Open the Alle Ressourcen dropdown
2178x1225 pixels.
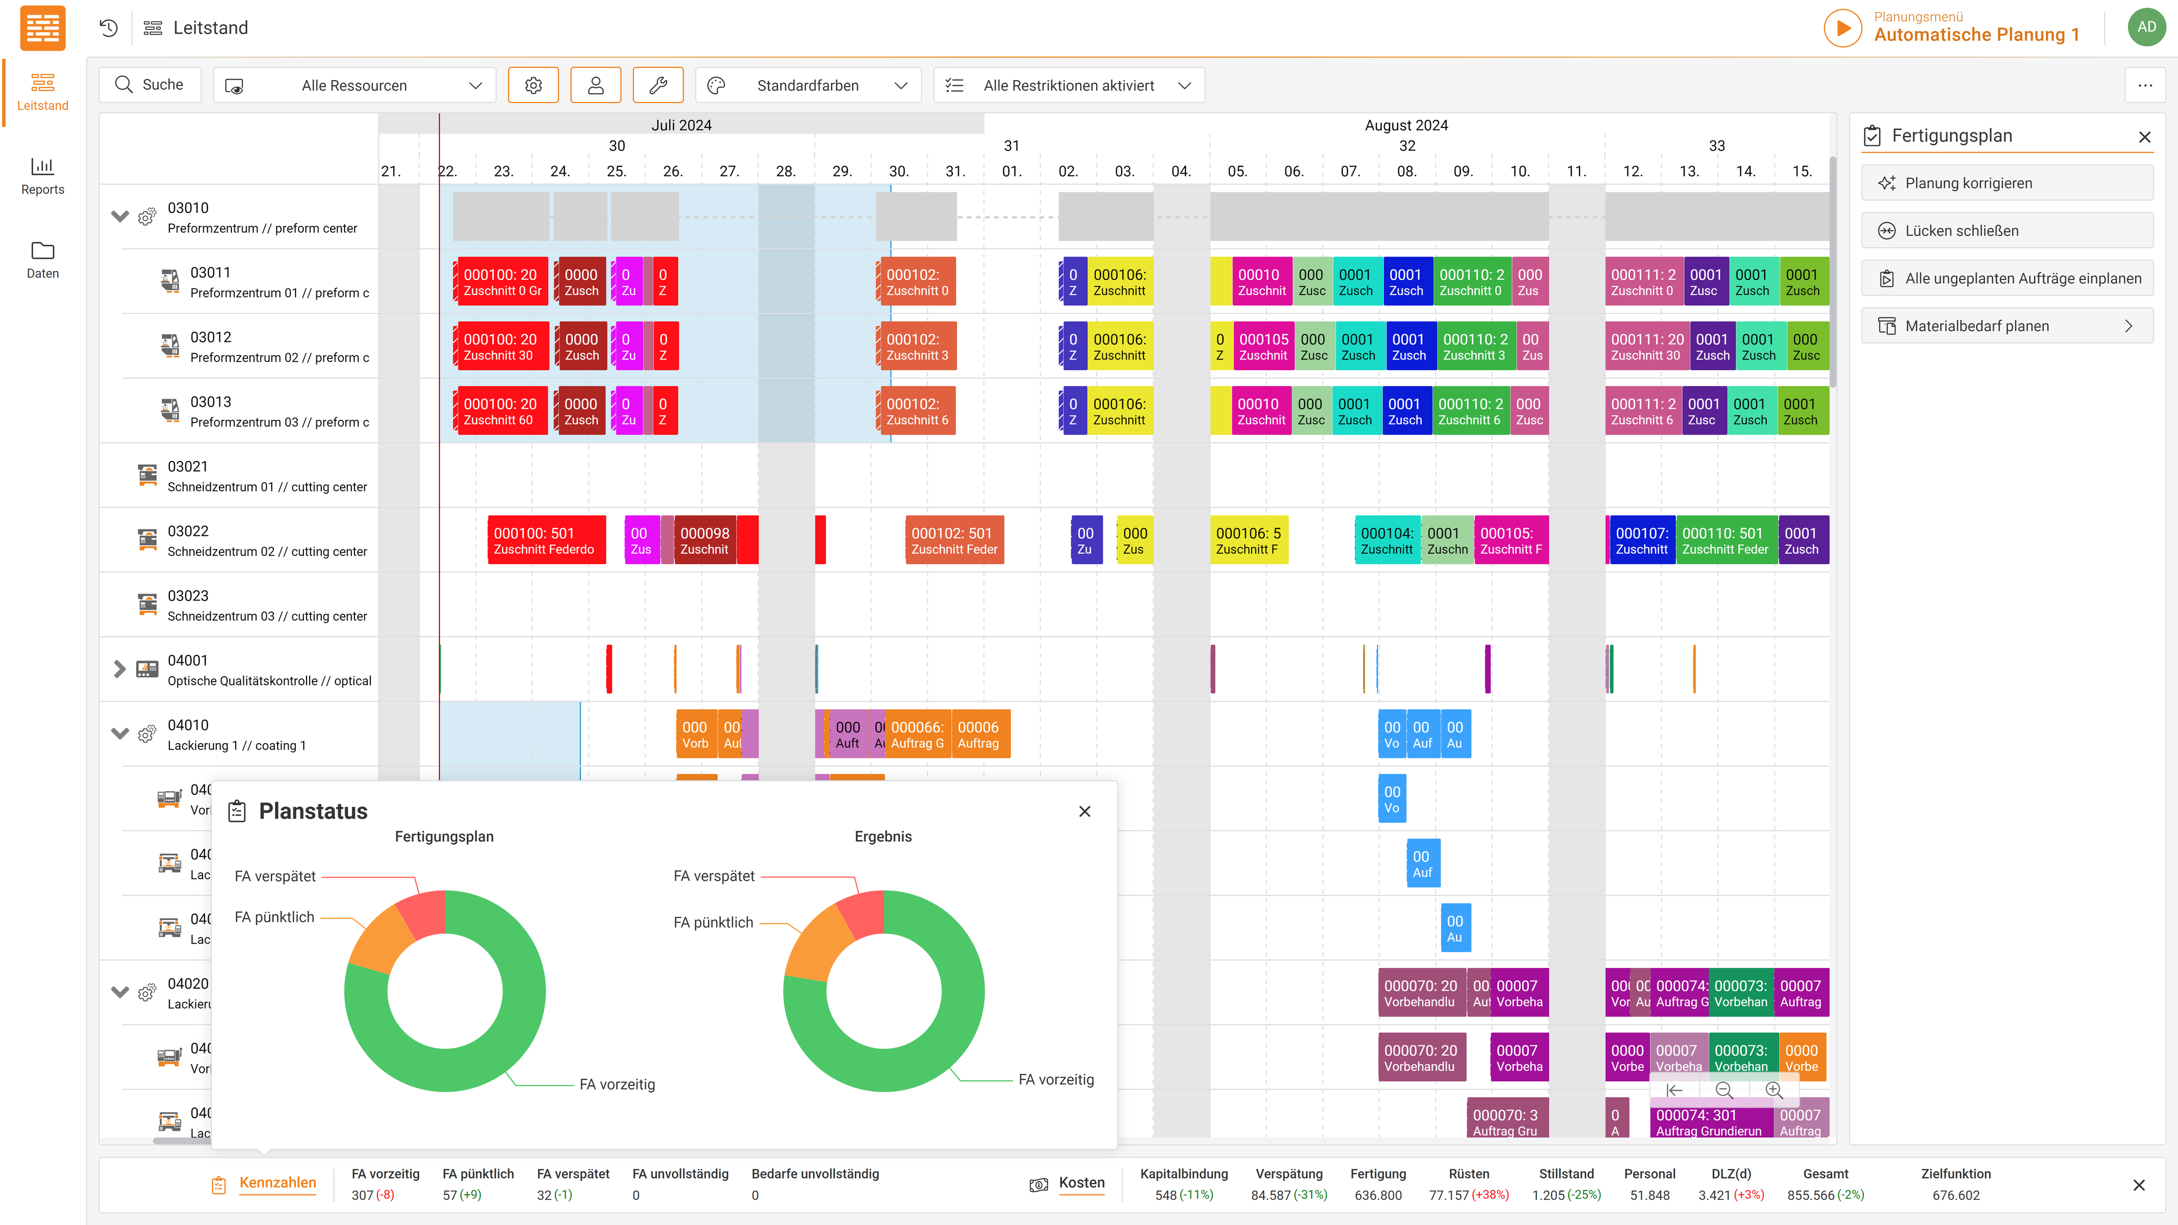(x=354, y=85)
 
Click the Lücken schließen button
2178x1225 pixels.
(x=2006, y=231)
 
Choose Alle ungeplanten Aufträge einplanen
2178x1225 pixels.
(x=2006, y=278)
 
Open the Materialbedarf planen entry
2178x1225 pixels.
(x=2006, y=326)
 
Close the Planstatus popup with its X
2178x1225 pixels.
(x=1085, y=812)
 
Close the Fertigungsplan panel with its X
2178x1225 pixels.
(x=2144, y=137)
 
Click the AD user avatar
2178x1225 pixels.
(x=2146, y=27)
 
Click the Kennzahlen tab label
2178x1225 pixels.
(x=277, y=1183)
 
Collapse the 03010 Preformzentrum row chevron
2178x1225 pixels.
(x=120, y=217)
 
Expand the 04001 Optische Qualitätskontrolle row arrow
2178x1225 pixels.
(x=120, y=670)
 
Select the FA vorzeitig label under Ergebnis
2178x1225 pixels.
(x=1056, y=1080)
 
